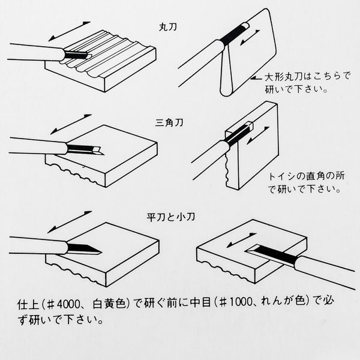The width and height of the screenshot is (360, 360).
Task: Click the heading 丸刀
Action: (x=168, y=27)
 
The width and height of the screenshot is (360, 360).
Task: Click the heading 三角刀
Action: (x=169, y=122)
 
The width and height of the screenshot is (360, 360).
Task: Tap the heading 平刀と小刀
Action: (x=171, y=217)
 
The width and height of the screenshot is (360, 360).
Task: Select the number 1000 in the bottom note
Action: (x=241, y=302)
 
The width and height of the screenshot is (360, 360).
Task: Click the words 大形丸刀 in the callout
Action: (x=284, y=77)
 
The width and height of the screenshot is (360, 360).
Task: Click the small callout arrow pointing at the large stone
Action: (x=256, y=78)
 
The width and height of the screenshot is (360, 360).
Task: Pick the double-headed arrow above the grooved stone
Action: (x=70, y=31)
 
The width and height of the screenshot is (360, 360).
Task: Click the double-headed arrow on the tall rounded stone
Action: (x=250, y=38)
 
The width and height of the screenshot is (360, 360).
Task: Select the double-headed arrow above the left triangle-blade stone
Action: (x=71, y=124)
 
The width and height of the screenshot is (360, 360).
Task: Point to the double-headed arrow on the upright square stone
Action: (x=258, y=136)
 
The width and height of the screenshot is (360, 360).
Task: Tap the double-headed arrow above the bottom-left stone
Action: (x=70, y=222)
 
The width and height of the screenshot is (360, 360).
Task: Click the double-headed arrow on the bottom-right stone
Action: (x=242, y=240)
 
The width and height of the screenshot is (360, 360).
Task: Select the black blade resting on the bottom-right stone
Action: (x=272, y=254)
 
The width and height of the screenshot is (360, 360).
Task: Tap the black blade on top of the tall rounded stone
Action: (x=233, y=34)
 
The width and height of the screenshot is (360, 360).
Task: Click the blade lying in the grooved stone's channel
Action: (x=76, y=55)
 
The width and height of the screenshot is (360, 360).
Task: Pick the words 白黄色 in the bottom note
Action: (x=109, y=304)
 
